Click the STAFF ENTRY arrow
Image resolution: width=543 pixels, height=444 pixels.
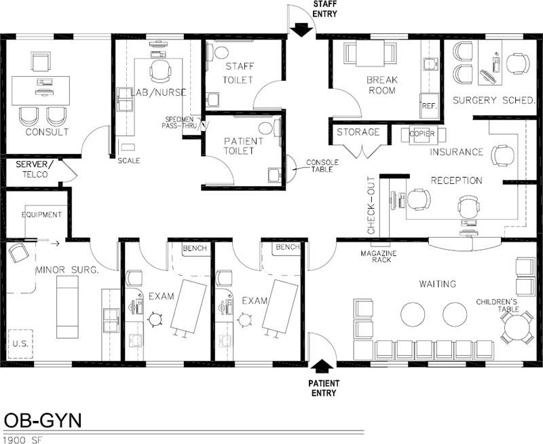click(301, 30)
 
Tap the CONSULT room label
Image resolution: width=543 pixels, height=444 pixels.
click(47, 132)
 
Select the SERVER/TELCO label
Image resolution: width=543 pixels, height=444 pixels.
click(35, 169)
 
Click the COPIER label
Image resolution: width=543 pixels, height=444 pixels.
click(422, 134)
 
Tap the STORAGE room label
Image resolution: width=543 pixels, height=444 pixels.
click(358, 132)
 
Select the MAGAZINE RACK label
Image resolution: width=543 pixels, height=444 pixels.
click(379, 257)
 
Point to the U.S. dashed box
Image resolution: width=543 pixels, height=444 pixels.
click(20, 344)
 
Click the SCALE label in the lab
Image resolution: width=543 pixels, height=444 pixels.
click(129, 161)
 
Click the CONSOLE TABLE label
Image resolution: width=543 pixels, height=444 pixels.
click(322, 166)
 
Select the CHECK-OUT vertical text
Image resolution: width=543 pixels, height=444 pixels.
click(371, 206)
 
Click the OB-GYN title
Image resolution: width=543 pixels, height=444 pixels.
click(43, 420)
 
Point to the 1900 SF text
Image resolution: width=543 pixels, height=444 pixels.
click(22, 440)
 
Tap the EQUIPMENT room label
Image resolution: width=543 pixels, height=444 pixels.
click(41, 215)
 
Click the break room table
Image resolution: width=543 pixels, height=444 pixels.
click(370, 53)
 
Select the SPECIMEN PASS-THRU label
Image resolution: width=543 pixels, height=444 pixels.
click(179, 123)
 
